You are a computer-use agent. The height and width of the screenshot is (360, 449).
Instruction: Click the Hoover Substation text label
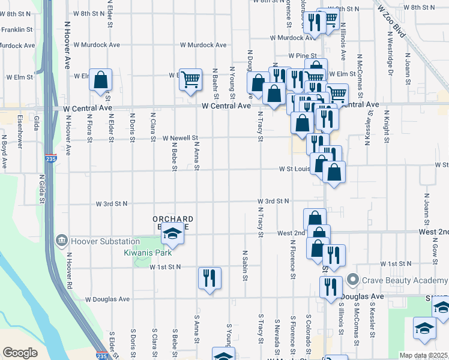pos(105,241)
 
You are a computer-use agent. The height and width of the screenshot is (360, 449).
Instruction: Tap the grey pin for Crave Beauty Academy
pos(353,280)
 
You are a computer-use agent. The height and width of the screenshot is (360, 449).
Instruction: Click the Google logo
pos(20,353)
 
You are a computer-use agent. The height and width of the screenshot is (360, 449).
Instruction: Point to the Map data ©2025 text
pos(423,355)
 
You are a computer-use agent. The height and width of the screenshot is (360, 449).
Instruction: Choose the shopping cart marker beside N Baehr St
pos(190,79)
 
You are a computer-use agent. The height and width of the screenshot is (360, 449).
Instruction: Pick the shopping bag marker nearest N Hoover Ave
pos(100,80)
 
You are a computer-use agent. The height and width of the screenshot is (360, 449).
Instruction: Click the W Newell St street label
pos(181,137)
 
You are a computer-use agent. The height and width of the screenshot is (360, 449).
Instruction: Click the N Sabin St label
pos(246,265)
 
